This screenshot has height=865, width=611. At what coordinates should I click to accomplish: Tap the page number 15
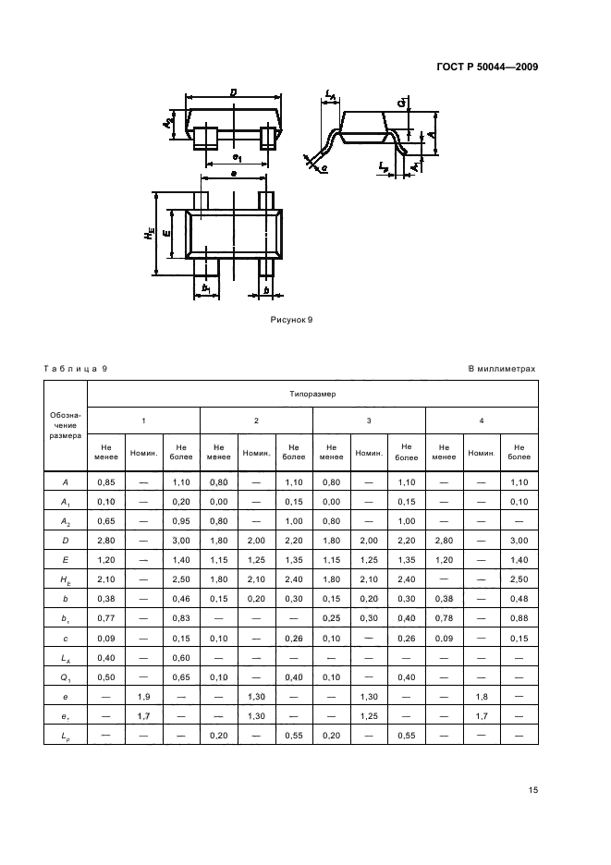click(532, 790)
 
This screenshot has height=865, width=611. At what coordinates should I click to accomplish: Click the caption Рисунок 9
click(292, 320)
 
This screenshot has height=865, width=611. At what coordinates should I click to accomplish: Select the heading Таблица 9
click(76, 369)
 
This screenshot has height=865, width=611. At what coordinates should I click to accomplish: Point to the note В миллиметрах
click(502, 369)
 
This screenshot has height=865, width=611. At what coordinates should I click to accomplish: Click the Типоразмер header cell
click(312, 393)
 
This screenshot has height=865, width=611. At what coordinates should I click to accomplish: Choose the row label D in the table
click(65, 541)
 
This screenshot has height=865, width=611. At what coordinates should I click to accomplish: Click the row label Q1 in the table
click(65, 677)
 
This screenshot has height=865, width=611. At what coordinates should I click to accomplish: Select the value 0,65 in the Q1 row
click(180, 677)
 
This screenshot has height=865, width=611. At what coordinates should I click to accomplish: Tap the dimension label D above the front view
click(234, 92)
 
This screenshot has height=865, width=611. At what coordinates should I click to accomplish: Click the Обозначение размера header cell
click(65, 426)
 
